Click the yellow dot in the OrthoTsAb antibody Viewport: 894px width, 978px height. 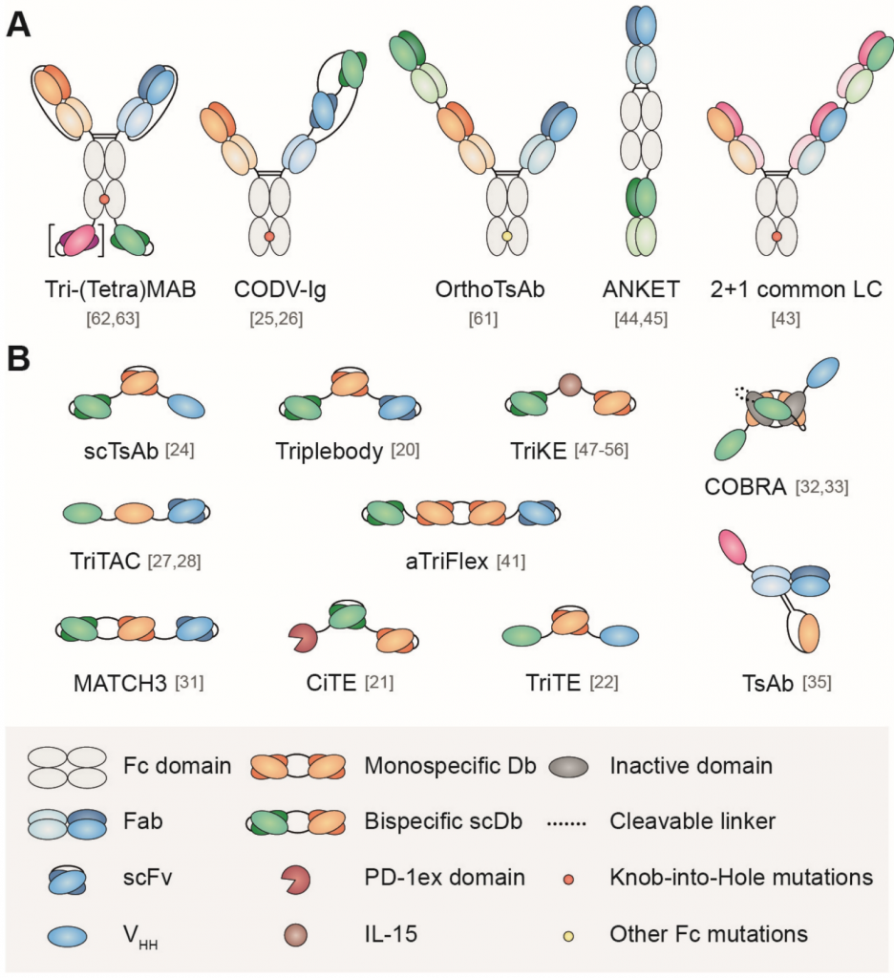pos(508,235)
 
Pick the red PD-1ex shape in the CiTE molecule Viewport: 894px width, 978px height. pos(305,634)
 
